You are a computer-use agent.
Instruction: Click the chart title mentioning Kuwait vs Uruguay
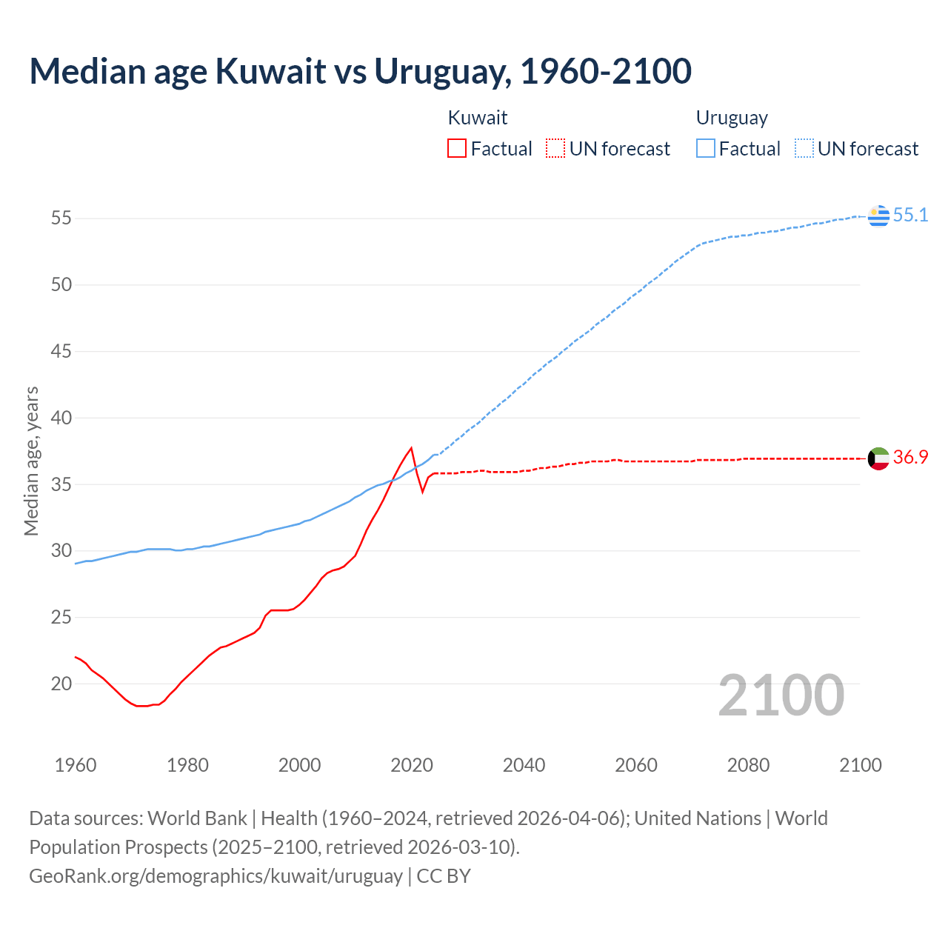tap(360, 71)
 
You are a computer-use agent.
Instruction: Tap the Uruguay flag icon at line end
tap(878, 216)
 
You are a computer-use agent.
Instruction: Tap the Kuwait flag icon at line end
tap(878, 458)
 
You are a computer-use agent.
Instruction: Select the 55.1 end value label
tap(910, 215)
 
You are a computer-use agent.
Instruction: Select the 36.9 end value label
tap(910, 457)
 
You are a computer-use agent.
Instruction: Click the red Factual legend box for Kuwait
tap(457, 148)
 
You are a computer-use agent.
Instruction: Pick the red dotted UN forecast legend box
tap(555, 148)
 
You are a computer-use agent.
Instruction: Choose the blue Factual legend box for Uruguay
tap(706, 148)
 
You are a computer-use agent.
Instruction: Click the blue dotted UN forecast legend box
tap(804, 148)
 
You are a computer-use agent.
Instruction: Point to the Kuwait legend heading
tap(478, 118)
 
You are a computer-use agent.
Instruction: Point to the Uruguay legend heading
tap(732, 118)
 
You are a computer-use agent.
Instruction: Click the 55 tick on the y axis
tap(61, 218)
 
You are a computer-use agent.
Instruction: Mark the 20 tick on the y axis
tap(61, 684)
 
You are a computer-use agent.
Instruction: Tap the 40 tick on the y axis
tap(61, 418)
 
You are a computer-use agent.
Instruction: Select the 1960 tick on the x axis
tap(76, 765)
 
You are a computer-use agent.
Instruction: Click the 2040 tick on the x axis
tap(524, 765)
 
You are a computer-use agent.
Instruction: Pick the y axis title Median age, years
tap(31, 461)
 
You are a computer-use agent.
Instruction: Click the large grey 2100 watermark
tap(781, 695)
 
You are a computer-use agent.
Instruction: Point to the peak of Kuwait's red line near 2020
tap(411, 448)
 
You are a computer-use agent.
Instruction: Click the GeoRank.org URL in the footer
tap(216, 875)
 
